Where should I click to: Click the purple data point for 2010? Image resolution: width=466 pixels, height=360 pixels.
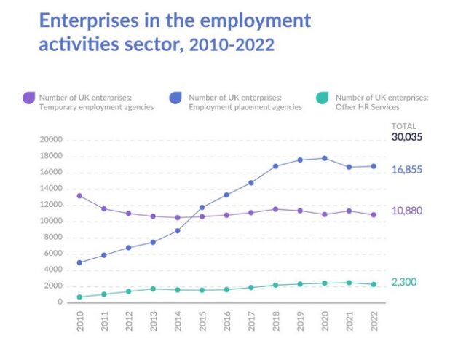[79, 196]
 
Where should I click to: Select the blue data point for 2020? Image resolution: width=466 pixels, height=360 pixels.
[324, 158]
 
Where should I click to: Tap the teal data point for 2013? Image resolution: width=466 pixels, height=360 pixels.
[153, 289]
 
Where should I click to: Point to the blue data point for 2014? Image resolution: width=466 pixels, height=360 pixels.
[177, 231]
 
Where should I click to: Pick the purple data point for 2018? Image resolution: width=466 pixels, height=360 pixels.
[275, 209]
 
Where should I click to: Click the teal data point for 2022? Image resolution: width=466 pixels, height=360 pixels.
[374, 284]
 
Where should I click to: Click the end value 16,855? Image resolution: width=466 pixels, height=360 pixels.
[407, 169]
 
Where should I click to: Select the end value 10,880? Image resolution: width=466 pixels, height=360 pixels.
[407, 211]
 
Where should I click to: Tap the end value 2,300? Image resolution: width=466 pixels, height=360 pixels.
[404, 282]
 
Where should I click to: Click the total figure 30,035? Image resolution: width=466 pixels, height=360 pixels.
[407, 136]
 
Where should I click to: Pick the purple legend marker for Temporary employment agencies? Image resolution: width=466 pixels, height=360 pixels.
[29, 98]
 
